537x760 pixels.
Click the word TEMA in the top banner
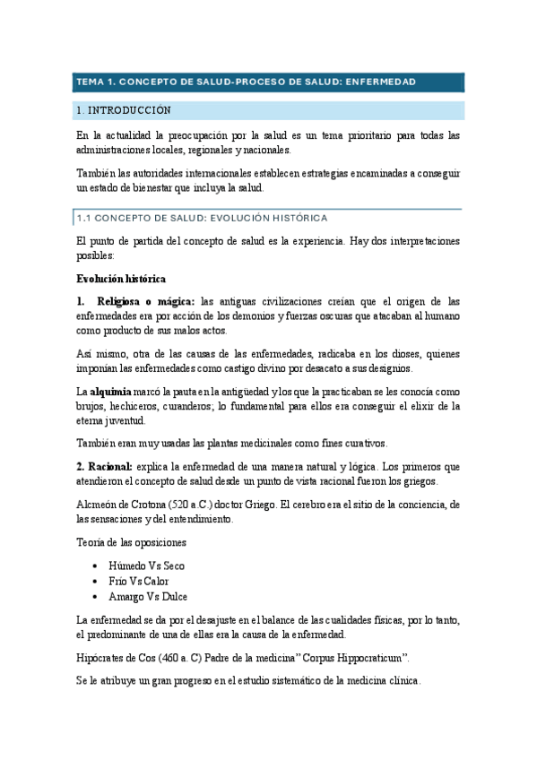[x=90, y=82]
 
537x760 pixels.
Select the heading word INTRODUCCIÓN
[x=129, y=111]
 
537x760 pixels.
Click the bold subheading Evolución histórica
[x=121, y=278]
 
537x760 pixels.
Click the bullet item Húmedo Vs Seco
[x=146, y=566]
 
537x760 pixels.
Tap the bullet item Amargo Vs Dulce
[x=148, y=596]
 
